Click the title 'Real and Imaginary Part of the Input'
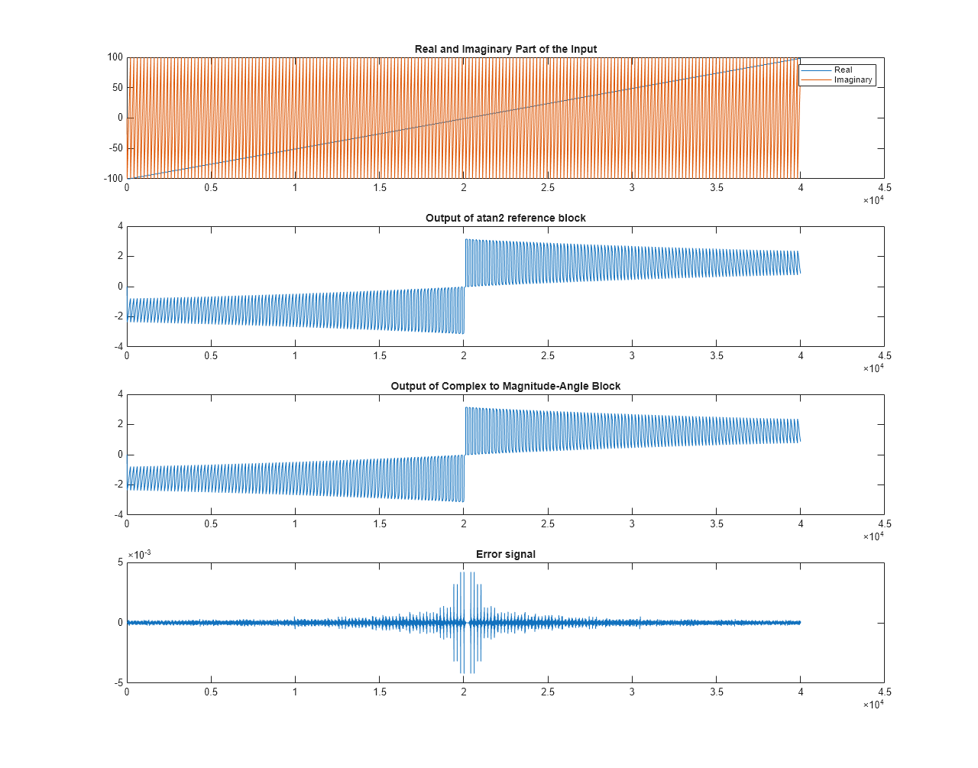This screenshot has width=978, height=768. coord(505,49)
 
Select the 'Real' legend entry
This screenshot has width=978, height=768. coord(843,70)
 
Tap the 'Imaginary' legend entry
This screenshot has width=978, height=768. coord(853,79)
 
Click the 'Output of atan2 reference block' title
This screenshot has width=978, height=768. coord(505,218)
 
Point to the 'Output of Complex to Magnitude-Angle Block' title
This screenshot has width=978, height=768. coord(505,386)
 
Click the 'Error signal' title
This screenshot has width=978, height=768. coord(505,554)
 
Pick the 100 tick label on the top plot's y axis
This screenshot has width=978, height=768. coord(115,57)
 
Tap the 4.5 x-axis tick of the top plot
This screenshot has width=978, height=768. coord(884,187)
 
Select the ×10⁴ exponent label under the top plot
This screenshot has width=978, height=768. coord(873,200)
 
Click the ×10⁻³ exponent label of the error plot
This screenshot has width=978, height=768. coord(139,554)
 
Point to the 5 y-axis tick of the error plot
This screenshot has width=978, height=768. coord(120,562)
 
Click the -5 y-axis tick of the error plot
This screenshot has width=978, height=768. coord(118,682)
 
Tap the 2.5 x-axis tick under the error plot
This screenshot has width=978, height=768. coord(548,692)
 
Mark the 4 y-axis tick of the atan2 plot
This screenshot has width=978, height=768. coord(120,226)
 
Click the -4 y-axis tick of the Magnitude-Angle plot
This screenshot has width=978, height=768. coord(118,514)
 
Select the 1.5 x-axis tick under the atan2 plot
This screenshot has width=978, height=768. coord(380,355)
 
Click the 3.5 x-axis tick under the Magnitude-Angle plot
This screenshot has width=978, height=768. coord(716,523)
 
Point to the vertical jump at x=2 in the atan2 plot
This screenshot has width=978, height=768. coord(465,287)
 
